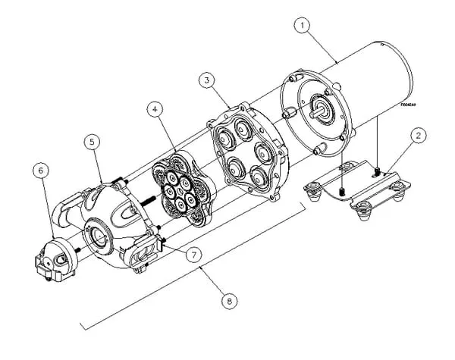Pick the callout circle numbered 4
click(x=155, y=109)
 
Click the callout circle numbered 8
click(x=228, y=300)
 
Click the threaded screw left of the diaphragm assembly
click(x=146, y=202)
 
